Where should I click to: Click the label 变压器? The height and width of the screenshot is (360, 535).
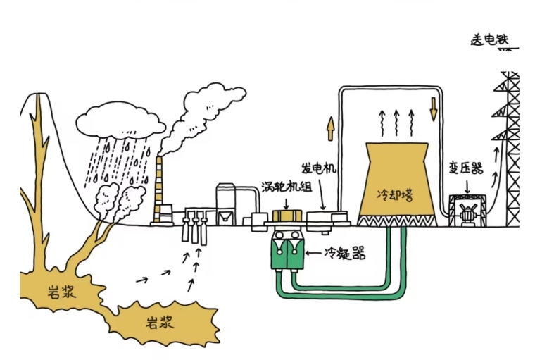(x=465, y=168)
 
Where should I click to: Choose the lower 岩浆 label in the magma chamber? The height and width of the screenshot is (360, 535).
(x=160, y=323)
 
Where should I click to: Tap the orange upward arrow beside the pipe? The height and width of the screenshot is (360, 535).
(x=329, y=130)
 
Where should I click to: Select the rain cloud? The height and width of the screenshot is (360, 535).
(x=120, y=120)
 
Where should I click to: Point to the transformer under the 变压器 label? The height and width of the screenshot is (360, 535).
(x=465, y=209)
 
